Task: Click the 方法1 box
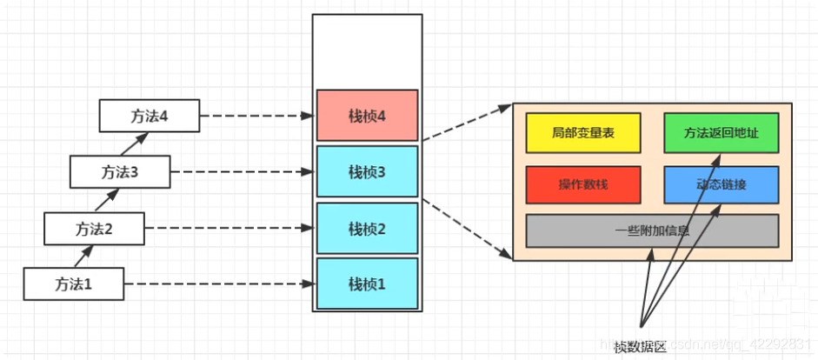[74, 283]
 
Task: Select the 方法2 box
[95, 230]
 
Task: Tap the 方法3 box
[120, 172]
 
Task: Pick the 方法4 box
[150, 114]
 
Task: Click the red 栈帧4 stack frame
[366, 116]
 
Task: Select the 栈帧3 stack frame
[366, 171]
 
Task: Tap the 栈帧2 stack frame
[366, 229]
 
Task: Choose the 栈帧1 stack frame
[366, 283]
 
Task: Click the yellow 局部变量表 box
[582, 133]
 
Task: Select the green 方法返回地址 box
[721, 133]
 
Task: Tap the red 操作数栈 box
[582, 185]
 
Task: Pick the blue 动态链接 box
[721, 185]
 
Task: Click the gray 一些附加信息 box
[652, 230]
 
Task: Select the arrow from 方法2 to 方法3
[106, 201]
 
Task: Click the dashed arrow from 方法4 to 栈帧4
[256, 115]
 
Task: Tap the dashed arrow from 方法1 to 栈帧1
[217, 283]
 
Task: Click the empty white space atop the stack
[366, 50]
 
